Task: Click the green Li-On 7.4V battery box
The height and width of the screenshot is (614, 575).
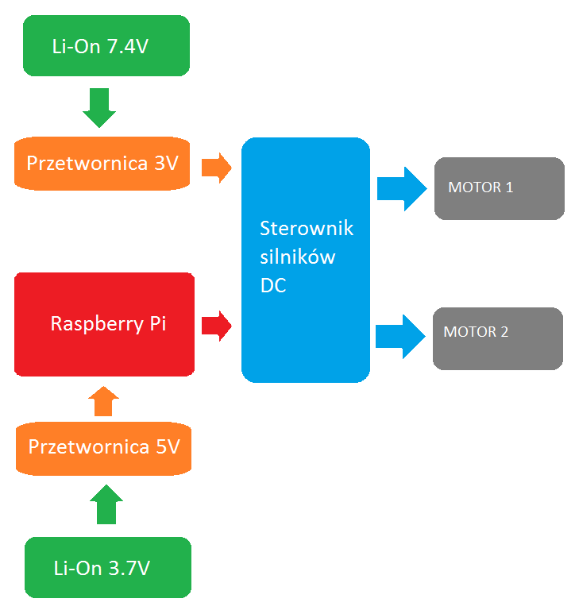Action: pos(106,45)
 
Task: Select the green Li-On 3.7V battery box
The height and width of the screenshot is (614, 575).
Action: pos(108,568)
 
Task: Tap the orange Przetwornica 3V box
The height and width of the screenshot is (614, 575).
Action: pos(102,164)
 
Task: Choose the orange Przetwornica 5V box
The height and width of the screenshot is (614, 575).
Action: pos(104,447)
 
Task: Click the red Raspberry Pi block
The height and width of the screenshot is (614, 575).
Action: pos(104,324)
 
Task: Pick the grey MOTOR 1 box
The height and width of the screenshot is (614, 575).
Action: pos(499,188)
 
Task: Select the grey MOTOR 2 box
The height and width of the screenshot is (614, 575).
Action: pos(497,338)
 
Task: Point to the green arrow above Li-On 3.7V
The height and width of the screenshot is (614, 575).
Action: pos(106,504)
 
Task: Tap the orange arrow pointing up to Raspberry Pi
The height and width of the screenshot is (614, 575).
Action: pos(104,402)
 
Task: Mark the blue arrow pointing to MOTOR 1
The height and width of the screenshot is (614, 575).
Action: pos(402,188)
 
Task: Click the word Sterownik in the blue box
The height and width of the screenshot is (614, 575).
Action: pos(307,229)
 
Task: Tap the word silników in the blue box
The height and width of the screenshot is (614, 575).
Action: pos(298,257)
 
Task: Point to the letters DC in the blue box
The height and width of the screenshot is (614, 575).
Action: pos(273,286)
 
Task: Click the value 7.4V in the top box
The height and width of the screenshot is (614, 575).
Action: pos(127,46)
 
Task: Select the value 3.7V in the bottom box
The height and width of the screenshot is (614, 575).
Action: pos(129,569)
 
